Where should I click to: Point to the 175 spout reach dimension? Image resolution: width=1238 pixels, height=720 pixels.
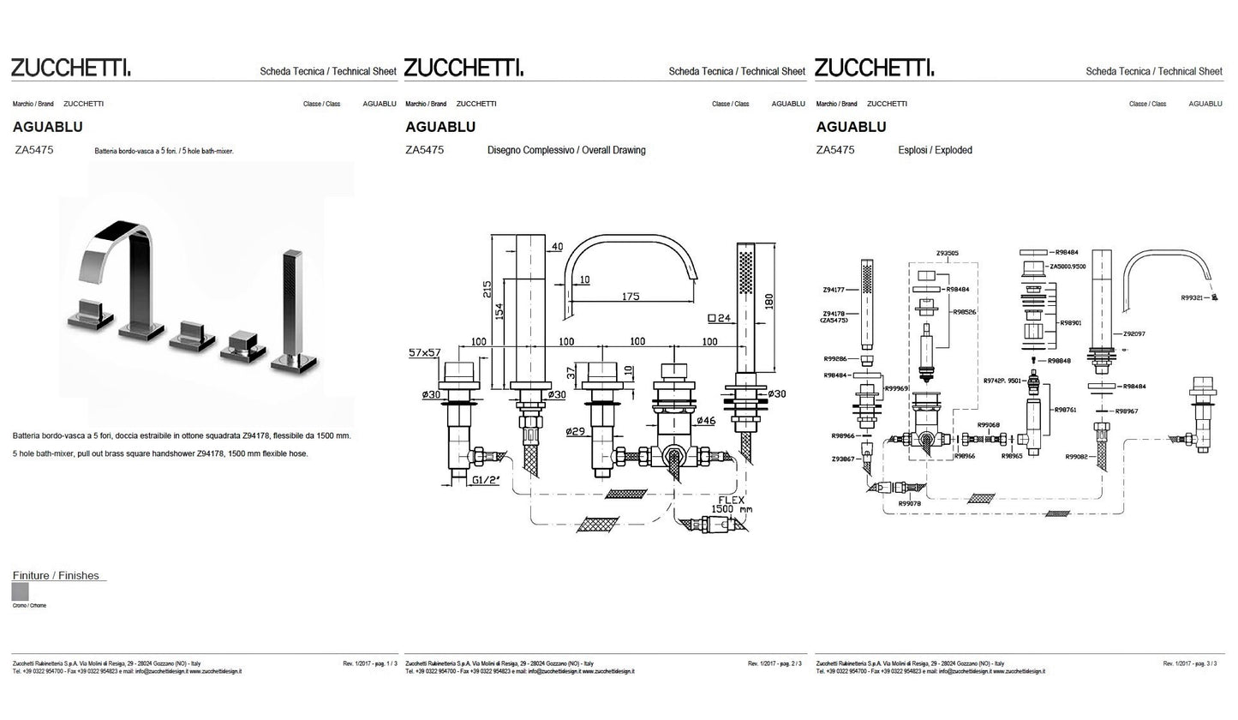pos(630,297)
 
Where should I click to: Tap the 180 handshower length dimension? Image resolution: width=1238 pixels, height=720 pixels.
pos(769,302)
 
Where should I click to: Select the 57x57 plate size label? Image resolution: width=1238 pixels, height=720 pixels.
pos(424,352)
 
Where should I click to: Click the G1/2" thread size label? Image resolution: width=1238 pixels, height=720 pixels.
pos(486,480)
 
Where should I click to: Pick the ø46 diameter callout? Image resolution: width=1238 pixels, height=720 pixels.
pos(706,421)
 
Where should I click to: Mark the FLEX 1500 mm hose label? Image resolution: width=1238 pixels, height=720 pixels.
pos(733,504)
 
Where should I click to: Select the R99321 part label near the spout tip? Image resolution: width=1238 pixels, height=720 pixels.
pos(1192,297)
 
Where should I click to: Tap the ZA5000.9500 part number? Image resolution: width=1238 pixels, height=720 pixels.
pos(1067,267)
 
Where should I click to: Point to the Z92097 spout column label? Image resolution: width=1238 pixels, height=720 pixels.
pos(1132,334)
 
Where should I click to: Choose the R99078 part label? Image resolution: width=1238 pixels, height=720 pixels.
pos(909,504)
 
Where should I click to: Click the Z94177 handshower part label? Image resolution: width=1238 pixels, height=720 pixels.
pos(834,291)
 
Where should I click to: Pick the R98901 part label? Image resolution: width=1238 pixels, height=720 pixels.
pos(1070,323)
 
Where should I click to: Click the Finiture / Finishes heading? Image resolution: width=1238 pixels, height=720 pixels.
pos(56,575)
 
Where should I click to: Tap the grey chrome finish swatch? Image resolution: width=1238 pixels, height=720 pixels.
pos(21,591)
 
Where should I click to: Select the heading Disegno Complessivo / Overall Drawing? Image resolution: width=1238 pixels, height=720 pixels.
pos(566,150)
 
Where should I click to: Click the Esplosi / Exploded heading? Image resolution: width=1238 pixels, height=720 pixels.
pos(935,150)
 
